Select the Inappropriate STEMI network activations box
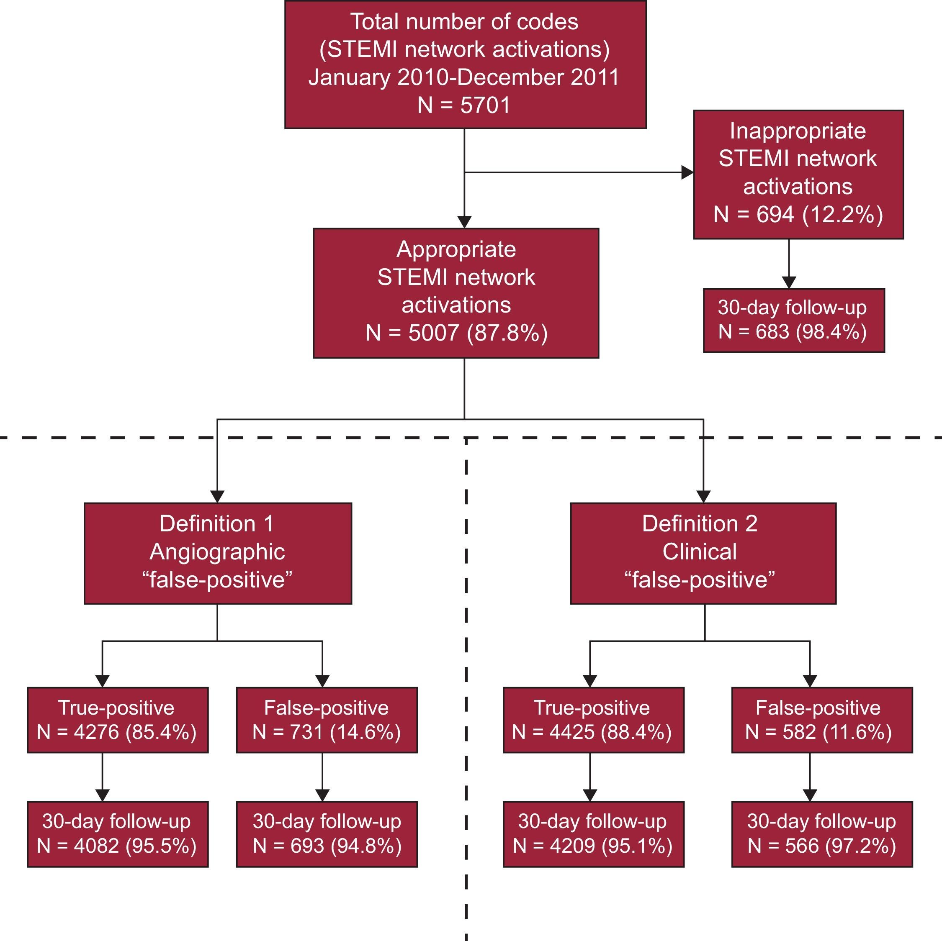[798, 174]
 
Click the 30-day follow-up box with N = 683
[793, 320]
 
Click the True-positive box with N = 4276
[118, 720]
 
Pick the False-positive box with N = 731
[327, 720]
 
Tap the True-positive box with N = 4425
[593, 720]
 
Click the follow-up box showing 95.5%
[118, 834]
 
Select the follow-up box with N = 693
[327, 834]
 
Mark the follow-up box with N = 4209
[593, 834]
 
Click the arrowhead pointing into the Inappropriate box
[687, 172]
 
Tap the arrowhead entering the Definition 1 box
[217, 496]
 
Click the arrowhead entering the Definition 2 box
[703, 496]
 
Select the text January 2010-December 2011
[464, 77]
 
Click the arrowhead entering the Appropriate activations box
[464, 222]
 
